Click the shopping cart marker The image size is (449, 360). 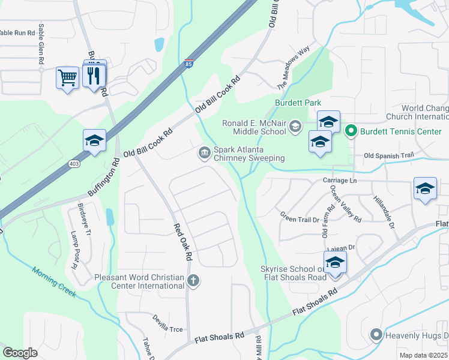67,77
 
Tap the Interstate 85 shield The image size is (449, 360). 188,64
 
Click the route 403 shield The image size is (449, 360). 74,163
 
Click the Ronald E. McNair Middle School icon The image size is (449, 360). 295,127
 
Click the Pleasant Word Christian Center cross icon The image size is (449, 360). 193,280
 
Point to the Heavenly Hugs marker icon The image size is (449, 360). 376,335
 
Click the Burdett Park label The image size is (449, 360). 298,103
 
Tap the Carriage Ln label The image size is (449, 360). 340,180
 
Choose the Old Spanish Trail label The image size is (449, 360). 389,155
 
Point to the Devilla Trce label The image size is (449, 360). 167,323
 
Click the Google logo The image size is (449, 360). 20,353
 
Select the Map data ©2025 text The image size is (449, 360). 423,355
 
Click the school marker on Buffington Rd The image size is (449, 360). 95,141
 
